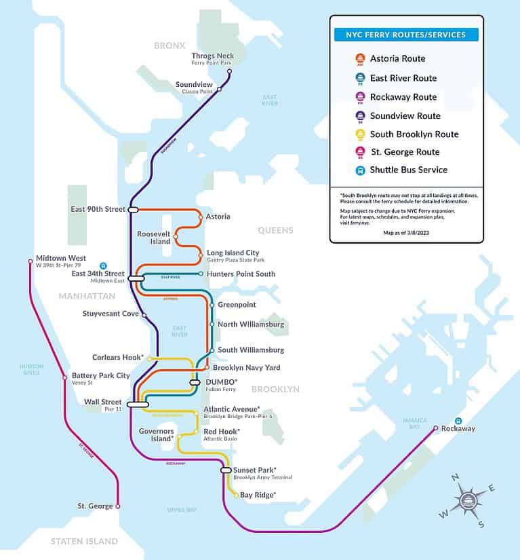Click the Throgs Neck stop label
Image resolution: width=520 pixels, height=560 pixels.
(x=212, y=56)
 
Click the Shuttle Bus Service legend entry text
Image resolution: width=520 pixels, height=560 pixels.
(x=408, y=170)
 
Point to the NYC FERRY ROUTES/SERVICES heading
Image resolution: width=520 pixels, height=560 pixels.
(x=406, y=35)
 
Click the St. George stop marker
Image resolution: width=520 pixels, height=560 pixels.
(x=118, y=506)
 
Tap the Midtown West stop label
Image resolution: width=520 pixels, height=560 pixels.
(x=61, y=258)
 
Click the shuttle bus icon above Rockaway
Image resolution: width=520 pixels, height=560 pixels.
(x=458, y=421)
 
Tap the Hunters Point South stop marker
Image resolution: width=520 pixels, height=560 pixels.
(x=201, y=274)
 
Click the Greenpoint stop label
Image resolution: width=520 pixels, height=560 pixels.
(x=236, y=305)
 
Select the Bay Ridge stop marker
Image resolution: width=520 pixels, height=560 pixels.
(x=236, y=496)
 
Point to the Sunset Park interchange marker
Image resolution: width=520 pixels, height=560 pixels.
(x=226, y=470)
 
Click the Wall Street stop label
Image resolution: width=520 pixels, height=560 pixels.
(x=103, y=402)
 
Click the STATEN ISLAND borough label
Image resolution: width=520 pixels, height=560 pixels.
(x=85, y=541)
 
